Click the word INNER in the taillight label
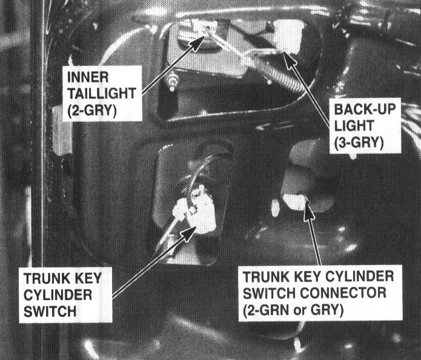coord(88,77)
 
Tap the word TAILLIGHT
coord(102,93)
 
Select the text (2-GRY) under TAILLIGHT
coord(92,110)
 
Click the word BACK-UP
coord(365,109)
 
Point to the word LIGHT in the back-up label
coord(354,125)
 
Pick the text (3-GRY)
coord(359,142)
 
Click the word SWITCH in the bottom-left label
coord(50,312)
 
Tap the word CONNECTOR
coord(343,293)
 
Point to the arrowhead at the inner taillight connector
coord(198,42)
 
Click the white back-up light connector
coord(288,36)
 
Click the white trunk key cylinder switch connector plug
coord(294,201)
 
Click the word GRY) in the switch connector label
coord(327,310)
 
